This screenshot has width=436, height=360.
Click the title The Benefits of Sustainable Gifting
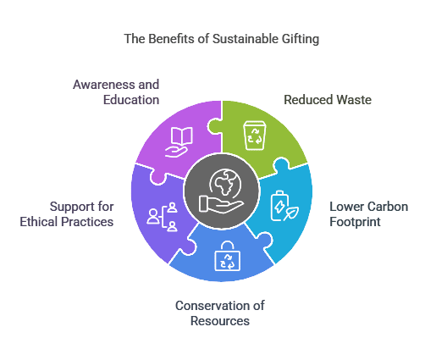pos(222,39)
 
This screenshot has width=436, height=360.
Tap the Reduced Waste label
pos(328,100)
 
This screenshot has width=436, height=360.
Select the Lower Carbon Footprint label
pos(368,214)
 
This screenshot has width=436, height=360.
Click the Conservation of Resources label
pos(220,313)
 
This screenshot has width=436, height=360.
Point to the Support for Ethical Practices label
pos(67,214)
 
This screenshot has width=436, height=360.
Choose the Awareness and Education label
pos(116,92)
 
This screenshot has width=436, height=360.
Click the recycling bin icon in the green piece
pos(255,136)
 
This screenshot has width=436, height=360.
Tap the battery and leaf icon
pos(284,206)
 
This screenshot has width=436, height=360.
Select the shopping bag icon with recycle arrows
pos(228,256)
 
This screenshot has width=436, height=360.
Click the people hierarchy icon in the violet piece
pos(162,217)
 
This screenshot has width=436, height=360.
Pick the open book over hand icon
pos(179,142)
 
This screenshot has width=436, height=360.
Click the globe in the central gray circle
pos(225,182)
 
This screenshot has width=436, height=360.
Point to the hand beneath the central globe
pos(221,204)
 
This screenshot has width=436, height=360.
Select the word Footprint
pos(355,222)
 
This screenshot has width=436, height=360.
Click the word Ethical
pos(38,222)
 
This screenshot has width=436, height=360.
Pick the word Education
pos(131,100)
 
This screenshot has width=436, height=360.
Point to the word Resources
pos(220,321)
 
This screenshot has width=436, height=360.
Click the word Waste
pos(354,100)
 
